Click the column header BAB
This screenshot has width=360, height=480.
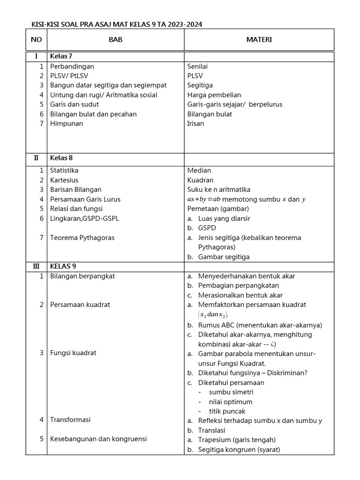(x=115, y=40)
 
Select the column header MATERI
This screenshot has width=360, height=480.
(x=259, y=40)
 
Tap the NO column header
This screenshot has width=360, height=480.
(x=36, y=40)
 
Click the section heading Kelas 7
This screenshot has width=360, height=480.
(x=61, y=56)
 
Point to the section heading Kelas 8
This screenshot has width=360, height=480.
(x=61, y=157)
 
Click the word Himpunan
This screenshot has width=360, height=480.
(x=67, y=124)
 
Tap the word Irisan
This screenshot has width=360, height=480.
(x=195, y=124)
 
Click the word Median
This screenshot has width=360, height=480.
(x=199, y=171)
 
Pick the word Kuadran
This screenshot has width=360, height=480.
(x=200, y=180)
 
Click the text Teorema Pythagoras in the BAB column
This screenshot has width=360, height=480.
(x=82, y=238)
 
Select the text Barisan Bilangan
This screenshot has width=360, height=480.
(x=75, y=190)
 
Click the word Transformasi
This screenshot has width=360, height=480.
(x=70, y=420)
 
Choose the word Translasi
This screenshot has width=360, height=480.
(x=212, y=430)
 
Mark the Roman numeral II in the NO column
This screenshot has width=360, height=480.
(x=36, y=157)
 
